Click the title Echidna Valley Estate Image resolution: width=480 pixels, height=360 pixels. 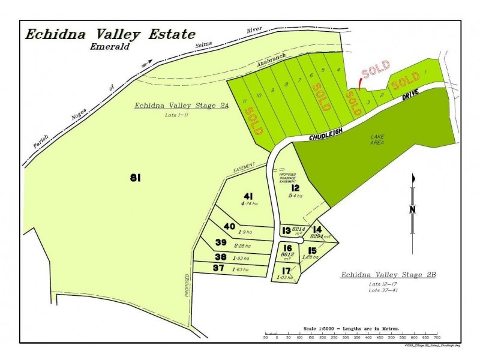pyautogui.click(x=110, y=34)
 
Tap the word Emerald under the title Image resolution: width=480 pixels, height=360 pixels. pyautogui.click(x=110, y=46)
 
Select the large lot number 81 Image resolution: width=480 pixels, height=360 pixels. pyautogui.click(x=135, y=177)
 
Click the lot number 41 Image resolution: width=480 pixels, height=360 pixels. pyautogui.click(x=249, y=196)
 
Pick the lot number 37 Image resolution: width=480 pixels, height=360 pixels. pyautogui.click(x=218, y=268)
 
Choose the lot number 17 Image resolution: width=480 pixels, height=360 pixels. pyautogui.click(x=286, y=271)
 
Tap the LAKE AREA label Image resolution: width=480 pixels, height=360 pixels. pyautogui.click(x=377, y=140)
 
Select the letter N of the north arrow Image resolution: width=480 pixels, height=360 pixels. pyautogui.click(x=412, y=209)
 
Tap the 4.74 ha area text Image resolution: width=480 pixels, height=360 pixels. pyautogui.click(x=250, y=204)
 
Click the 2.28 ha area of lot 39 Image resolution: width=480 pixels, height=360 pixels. pyautogui.click(x=243, y=246)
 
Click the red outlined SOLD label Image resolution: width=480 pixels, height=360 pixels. pyautogui.click(x=375, y=70)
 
